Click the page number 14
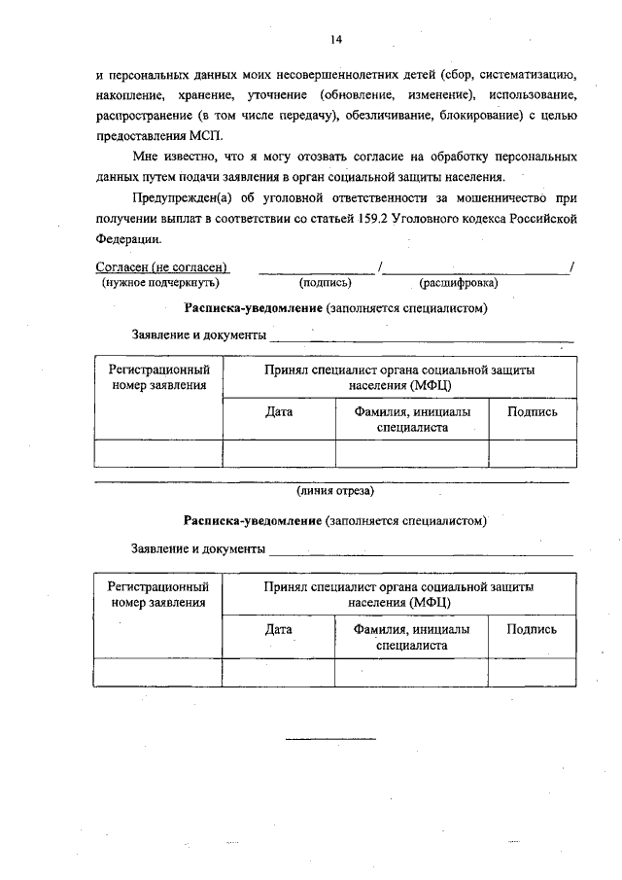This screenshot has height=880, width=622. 336,40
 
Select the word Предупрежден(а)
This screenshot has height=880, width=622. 180,199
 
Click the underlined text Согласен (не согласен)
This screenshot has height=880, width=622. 162,266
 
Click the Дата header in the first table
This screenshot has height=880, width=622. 279,411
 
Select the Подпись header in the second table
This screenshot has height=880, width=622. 533,629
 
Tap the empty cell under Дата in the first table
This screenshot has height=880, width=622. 279,454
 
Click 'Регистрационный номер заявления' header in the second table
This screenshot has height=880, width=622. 158,595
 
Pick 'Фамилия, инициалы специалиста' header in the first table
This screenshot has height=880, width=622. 411,419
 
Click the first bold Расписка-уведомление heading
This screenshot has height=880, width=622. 254,308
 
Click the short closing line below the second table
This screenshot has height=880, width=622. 330,738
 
